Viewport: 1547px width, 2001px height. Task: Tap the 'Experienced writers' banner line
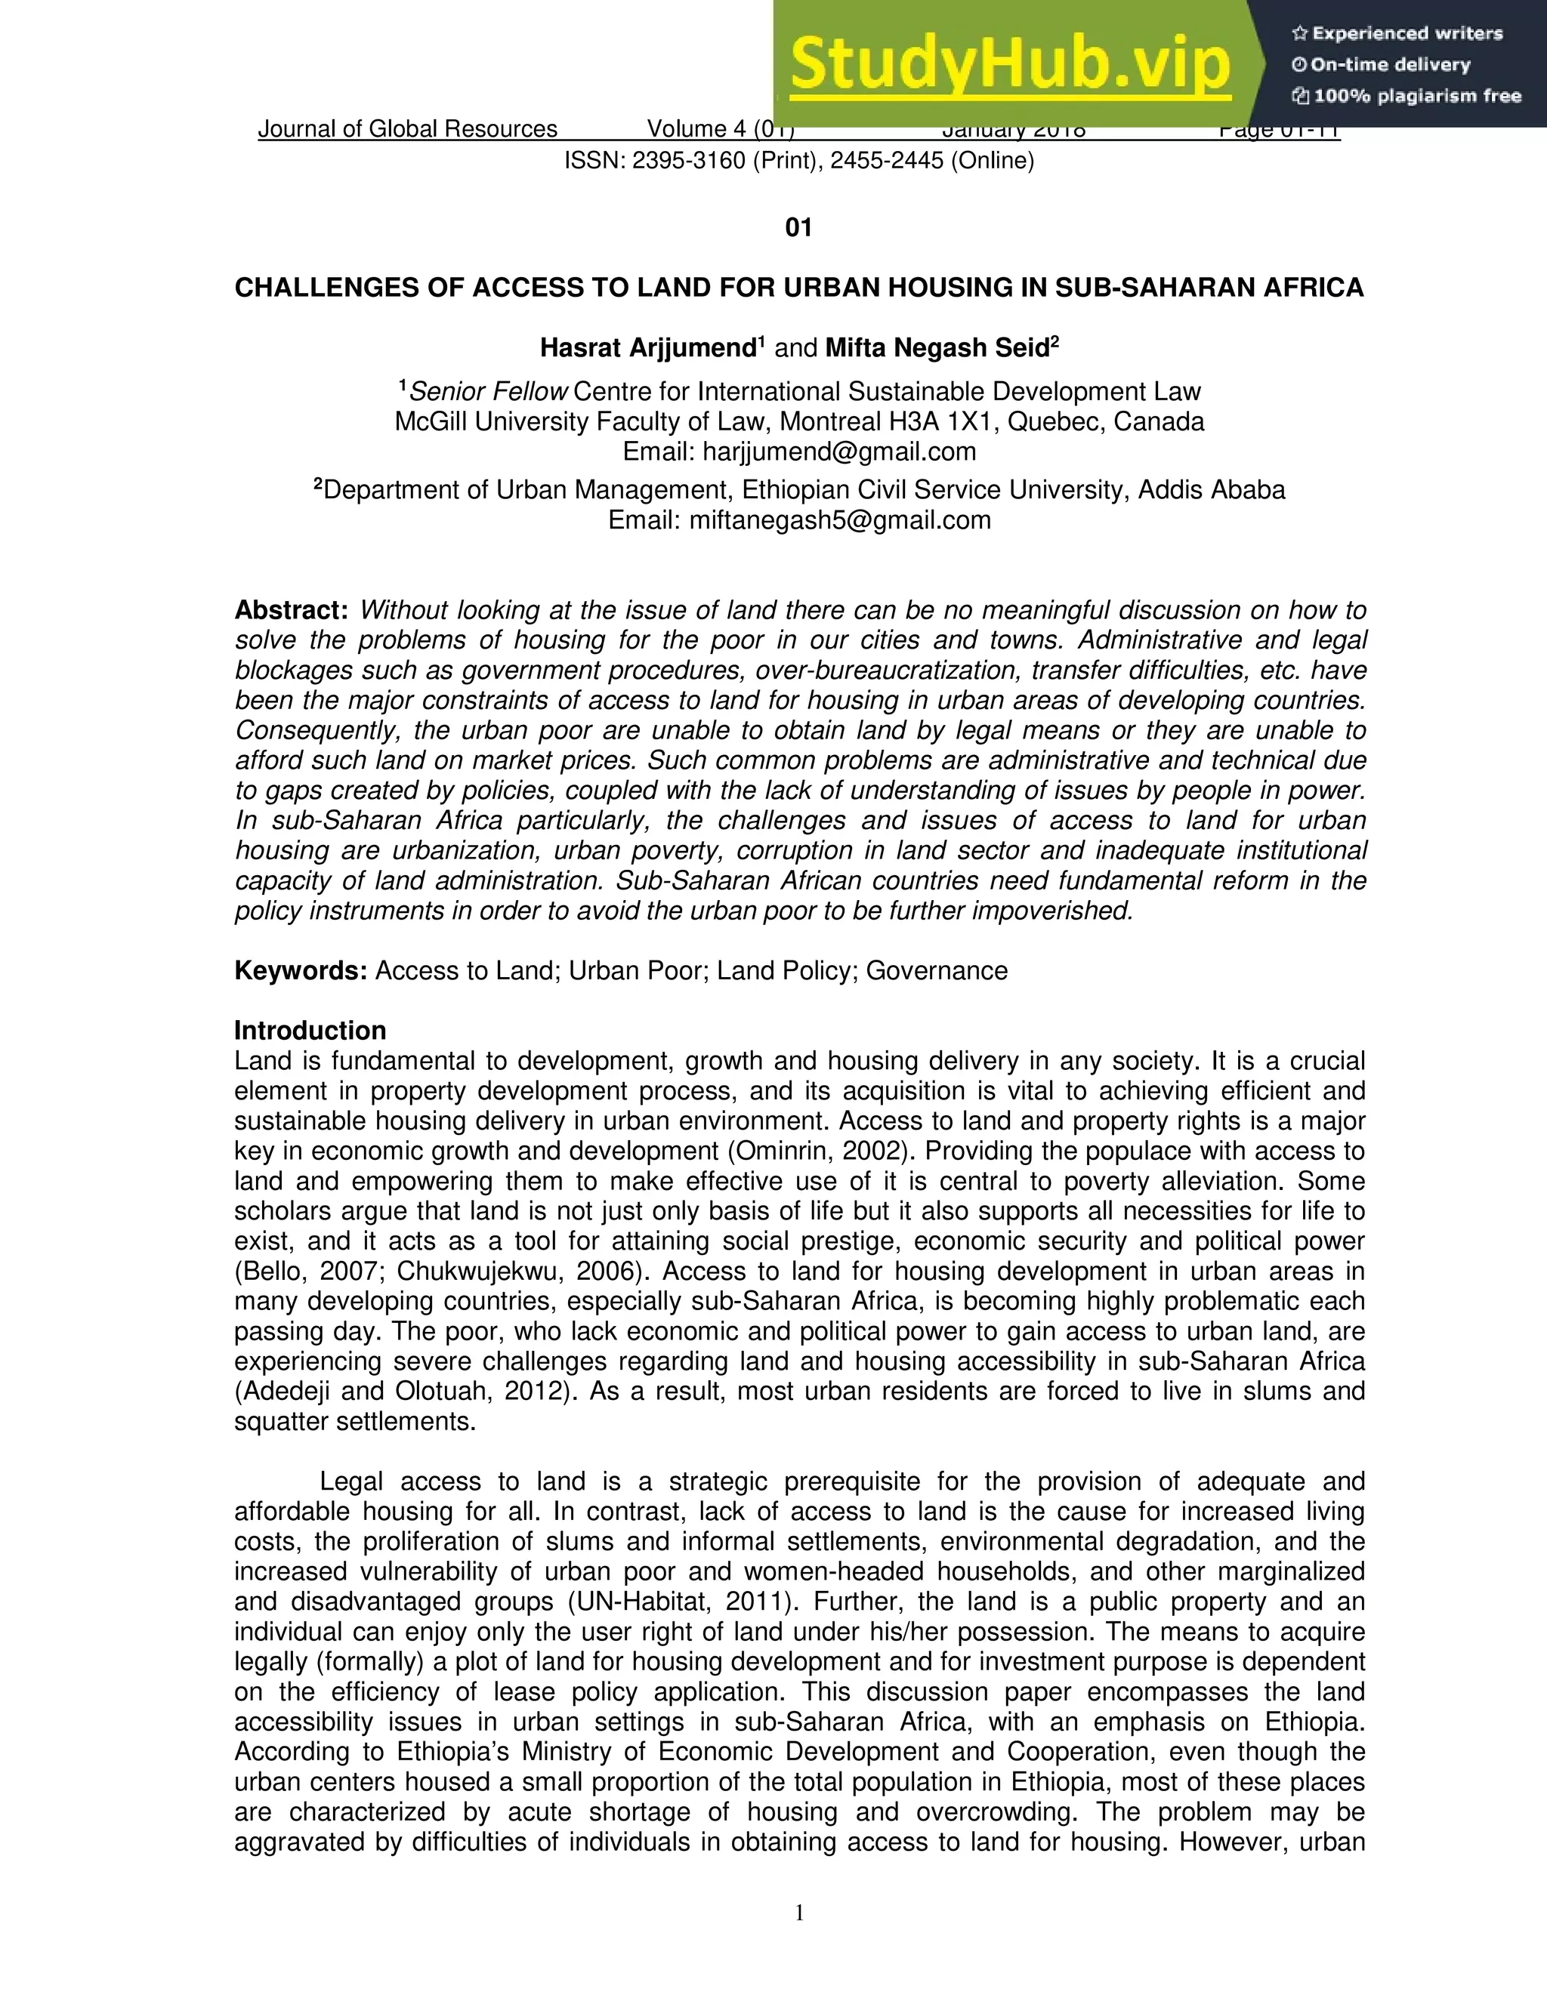[1407, 34]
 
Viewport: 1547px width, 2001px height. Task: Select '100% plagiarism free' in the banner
[1416, 95]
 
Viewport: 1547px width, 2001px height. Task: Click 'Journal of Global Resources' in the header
[408, 129]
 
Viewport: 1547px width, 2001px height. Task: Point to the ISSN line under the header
[798, 162]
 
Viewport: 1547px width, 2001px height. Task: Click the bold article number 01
[798, 227]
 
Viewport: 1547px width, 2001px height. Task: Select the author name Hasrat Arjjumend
[647, 348]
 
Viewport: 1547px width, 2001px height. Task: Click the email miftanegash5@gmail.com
[839, 520]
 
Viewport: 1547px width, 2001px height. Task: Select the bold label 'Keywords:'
[301, 971]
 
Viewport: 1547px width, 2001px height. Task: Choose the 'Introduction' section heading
[310, 1031]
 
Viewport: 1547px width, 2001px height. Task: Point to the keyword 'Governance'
[937, 971]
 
